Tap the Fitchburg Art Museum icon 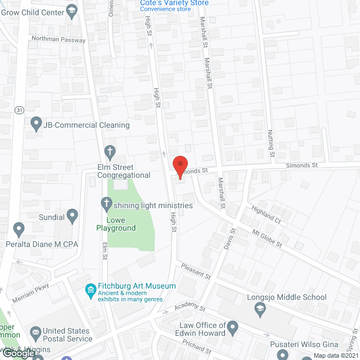pyautogui.click(x=89, y=290)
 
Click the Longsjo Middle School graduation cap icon pyautogui.click(x=260, y=308)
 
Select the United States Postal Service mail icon pyautogui.click(x=36, y=335)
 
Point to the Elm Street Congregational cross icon pyautogui.click(x=110, y=151)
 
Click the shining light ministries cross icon pyautogui.click(x=106, y=202)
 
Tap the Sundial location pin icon pyautogui.click(x=72, y=215)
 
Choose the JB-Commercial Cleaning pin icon pyautogui.click(x=37, y=122)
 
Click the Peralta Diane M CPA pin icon pyautogui.click(x=19, y=229)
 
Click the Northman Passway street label pyautogui.click(x=58, y=40)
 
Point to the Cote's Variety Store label pyautogui.click(x=174, y=3)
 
